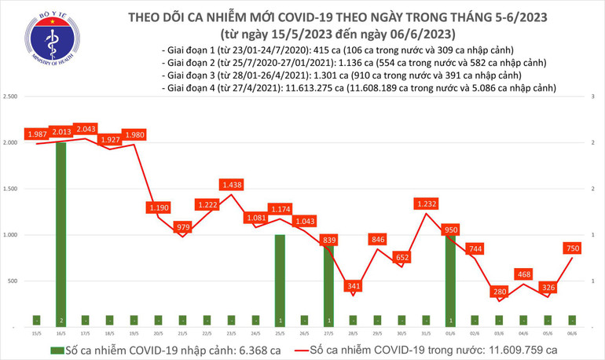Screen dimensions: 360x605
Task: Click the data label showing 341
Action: click(354, 286)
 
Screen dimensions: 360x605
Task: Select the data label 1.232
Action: click(427, 203)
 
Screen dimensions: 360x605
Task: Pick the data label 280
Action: click(500, 292)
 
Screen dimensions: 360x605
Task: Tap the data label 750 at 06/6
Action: click(573, 248)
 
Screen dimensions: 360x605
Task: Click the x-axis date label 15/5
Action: click(36, 333)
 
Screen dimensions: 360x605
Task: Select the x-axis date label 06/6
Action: click(573, 333)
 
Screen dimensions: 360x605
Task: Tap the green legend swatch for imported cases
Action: click(58, 349)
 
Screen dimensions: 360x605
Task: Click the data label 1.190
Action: click(158, 208)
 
